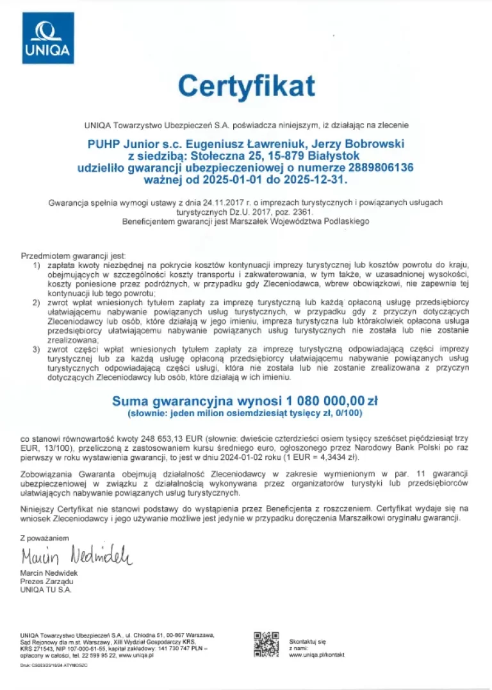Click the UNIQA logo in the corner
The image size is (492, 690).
48,38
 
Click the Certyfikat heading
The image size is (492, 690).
247,85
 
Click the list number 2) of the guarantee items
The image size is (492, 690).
37,302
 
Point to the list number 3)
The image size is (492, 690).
37,348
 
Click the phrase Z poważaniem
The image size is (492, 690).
44,538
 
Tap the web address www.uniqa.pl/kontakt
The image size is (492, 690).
316,655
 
